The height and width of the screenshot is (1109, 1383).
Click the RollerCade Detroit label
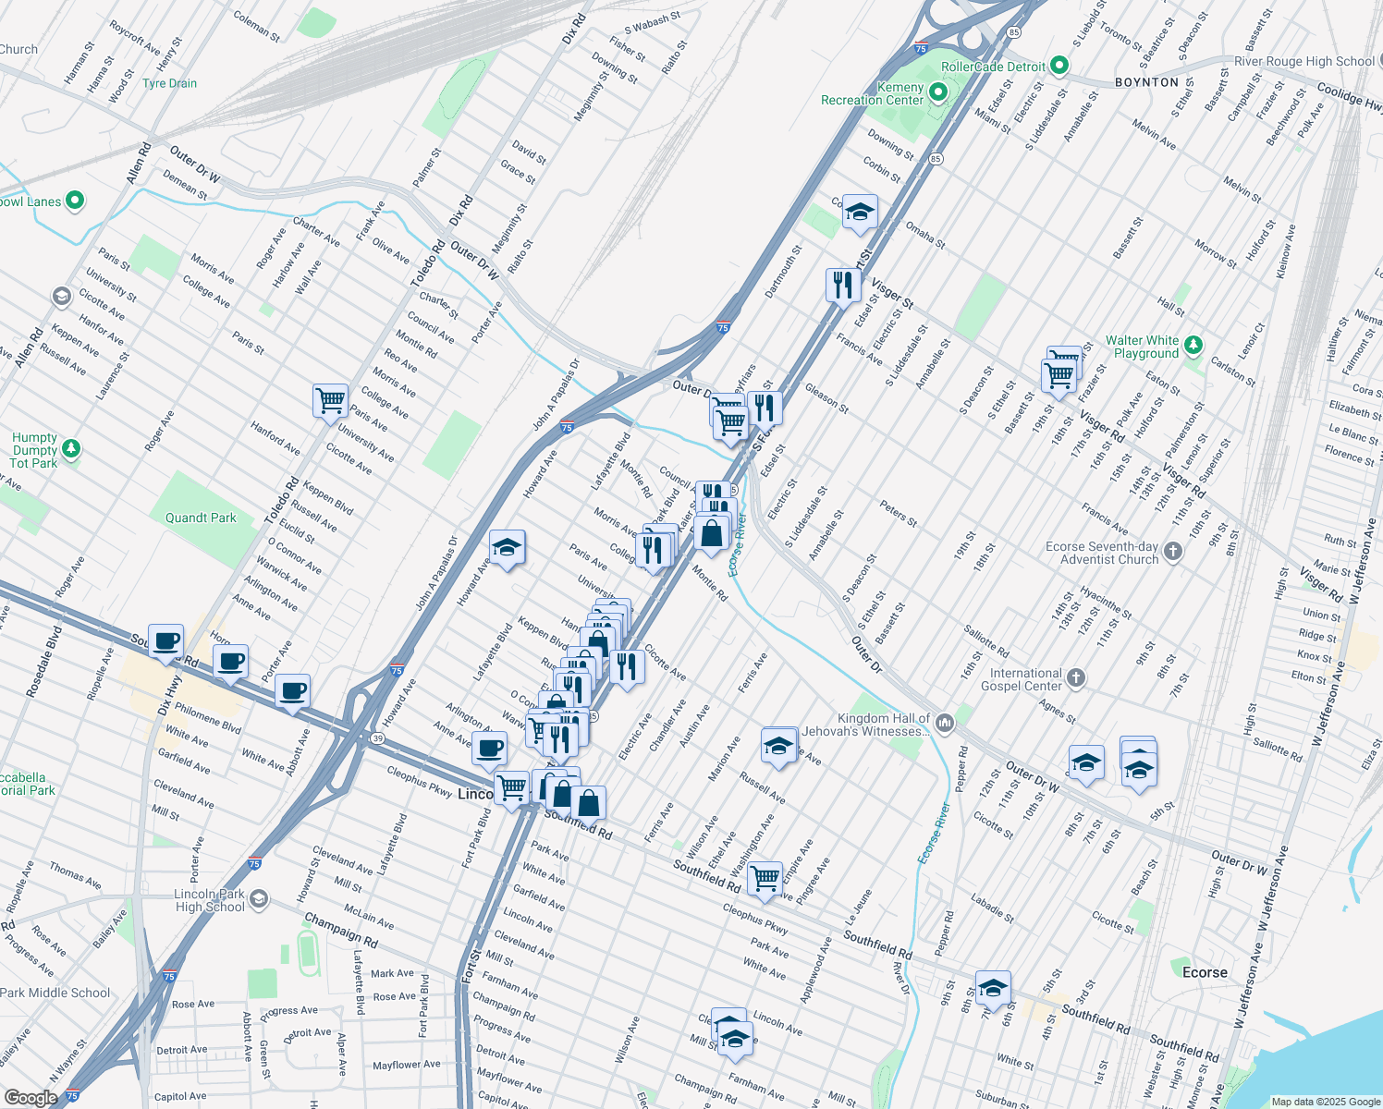point(993,67)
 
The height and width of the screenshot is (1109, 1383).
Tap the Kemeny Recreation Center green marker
point(939,91)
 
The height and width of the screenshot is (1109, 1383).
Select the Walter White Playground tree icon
point(1193,346)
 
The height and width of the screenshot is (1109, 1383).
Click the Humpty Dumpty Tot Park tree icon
point(71,450)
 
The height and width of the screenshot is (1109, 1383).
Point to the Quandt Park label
point(201,518)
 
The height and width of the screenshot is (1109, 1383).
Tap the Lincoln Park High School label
point(210,900)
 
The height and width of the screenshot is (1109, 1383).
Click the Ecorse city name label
point(1205,972)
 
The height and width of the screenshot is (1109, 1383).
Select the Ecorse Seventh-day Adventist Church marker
point(1173,552)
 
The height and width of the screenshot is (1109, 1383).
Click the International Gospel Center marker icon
point(1076,678)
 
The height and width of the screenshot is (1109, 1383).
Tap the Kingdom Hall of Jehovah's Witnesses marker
point(944,723)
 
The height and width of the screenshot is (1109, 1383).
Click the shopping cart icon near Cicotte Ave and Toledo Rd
point(330,401)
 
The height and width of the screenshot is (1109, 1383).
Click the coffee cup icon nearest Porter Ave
point(292,691)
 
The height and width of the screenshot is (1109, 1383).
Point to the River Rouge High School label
point(1303,61)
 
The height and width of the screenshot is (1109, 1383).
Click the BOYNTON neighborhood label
point(1146,82)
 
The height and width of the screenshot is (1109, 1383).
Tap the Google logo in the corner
point(31,1097)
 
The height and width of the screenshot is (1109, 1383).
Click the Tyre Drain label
point(169,83)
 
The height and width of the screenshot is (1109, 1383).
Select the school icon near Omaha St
point(860,213)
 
